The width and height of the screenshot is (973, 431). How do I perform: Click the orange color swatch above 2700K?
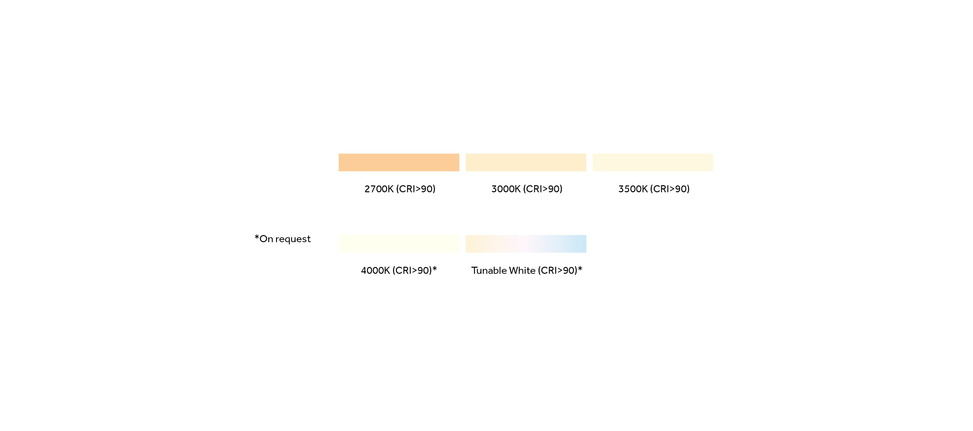point(399,162)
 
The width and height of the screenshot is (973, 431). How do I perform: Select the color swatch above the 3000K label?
point(526,162)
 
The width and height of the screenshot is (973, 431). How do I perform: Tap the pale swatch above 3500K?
point(653,162)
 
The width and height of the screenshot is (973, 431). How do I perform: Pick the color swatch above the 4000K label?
point(399,244)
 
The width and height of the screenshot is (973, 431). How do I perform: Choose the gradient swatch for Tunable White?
point(526,244)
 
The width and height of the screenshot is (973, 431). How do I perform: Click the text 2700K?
point(379,189)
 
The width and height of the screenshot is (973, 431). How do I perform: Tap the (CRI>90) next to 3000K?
point(543,189)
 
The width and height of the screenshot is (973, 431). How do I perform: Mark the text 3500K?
point(633,189)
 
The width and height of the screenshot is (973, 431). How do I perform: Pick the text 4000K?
point(375,270)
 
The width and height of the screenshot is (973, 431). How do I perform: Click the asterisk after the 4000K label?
point(435,269)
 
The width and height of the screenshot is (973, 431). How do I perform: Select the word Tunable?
point(489,270)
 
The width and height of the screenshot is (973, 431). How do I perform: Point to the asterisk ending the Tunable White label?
point(580,269)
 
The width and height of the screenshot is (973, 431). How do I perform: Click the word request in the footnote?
point(293,239)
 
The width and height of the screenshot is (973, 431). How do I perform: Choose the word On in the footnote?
point(266,239)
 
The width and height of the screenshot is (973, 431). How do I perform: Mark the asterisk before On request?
point(257,237)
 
